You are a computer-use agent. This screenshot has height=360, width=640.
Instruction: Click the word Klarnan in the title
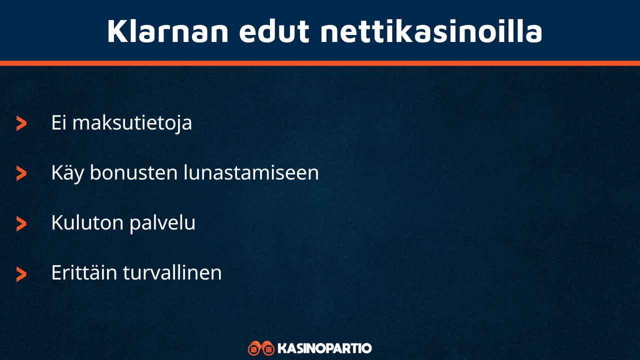pyautogui.click(x=168, y=31)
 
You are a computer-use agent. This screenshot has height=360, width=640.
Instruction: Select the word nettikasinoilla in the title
pyautogui.click(x=431, y=31)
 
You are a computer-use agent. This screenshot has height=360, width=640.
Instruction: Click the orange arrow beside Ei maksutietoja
pyautogui.click(x=21, y=123)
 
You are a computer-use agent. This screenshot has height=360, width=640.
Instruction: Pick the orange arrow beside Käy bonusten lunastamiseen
pyautogui.click(x=21, y=173)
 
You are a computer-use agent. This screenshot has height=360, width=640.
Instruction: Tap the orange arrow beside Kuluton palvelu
pyautogui.click(x=21, y=223)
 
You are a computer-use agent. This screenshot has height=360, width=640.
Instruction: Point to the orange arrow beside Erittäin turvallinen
pyautogui.click(x=21, y=273)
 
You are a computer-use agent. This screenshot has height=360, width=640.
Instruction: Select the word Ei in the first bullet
pyautogui.click(x=59, y=123)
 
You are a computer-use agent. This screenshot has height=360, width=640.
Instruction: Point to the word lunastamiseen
pyautogui.click(x=251, y=173)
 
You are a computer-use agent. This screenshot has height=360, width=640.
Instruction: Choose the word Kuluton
pyautogui.click(x=87, y=223)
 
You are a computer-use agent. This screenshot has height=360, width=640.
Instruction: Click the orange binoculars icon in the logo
pyautogui.click(x=261, y=348)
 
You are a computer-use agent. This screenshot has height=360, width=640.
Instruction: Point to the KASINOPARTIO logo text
pyautogui.click(x=324, y=348)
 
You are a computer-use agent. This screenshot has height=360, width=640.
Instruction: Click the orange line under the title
pyautogui.click(x=320, y=63)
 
